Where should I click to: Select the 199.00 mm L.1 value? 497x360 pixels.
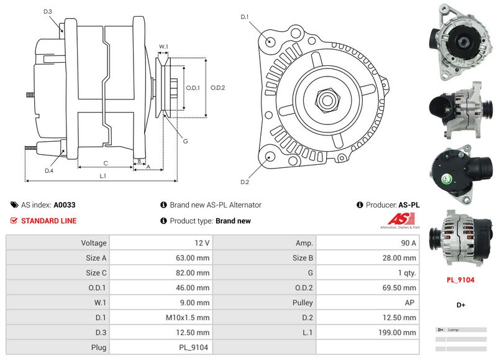401,333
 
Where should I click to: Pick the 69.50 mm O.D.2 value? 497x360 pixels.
401,288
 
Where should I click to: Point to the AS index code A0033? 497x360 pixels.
65,205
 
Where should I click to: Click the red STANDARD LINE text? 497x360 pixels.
49,221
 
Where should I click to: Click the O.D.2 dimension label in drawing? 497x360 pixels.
217,88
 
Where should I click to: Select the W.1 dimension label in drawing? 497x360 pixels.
163,47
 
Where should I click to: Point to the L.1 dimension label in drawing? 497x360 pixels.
103,176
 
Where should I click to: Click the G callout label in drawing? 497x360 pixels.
185,141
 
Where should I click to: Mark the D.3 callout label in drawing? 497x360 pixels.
48,12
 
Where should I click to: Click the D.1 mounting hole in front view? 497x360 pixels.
271,41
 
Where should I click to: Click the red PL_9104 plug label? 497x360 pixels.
460,280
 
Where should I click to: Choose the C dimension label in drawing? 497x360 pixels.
106,163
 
